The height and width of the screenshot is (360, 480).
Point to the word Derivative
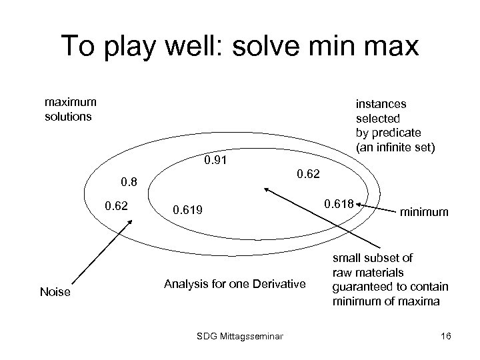[279, 285]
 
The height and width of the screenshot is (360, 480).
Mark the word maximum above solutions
[70, 102]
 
